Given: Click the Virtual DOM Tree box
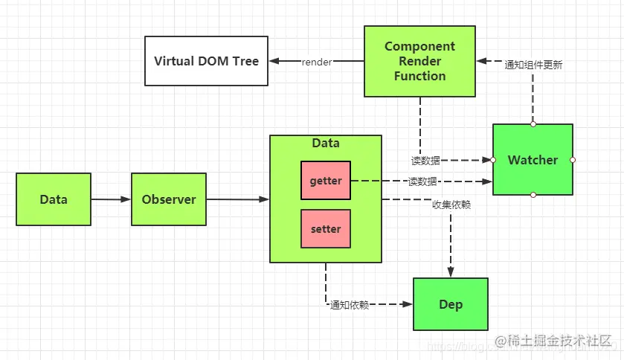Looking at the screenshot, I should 207,61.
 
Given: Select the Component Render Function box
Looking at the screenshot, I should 420,61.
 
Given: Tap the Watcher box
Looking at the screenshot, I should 533,160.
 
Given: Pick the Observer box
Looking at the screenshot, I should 169,199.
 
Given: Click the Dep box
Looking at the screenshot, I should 451,304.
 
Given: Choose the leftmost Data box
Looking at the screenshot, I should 54,199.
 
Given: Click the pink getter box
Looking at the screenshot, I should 326,181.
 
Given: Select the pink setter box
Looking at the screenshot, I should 326,229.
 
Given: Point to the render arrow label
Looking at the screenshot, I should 317,62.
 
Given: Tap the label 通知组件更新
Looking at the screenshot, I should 533,65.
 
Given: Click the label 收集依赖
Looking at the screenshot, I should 451,205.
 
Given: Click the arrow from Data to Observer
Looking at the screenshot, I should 111,199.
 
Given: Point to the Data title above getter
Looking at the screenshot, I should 326,144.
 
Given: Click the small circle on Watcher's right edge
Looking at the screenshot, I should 573,160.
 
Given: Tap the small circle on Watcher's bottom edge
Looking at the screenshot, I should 533,195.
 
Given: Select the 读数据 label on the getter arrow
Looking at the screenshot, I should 422,181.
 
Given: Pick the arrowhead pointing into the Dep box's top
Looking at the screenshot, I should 451,273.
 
